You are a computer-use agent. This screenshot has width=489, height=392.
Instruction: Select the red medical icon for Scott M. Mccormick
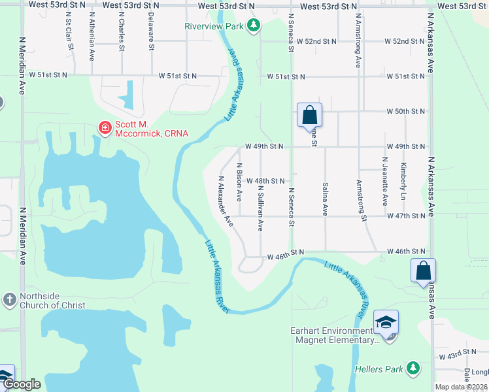104,127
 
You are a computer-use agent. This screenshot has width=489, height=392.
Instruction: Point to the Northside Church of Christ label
52,301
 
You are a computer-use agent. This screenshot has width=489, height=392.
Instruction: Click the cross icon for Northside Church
9,300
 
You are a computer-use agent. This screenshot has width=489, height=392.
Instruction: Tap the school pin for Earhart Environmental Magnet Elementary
386,323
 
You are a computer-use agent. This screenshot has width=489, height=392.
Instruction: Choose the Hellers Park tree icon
413,369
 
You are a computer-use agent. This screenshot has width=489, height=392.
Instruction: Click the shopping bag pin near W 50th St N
310,116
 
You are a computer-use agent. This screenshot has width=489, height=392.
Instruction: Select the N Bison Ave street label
240,182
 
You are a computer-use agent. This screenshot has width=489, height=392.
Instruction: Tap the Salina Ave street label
325,199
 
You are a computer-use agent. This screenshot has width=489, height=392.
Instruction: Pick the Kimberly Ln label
403,180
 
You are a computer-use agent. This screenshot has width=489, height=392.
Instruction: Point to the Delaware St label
151,31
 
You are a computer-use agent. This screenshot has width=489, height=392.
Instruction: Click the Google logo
22,385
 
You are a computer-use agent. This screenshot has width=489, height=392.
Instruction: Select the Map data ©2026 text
461,387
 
